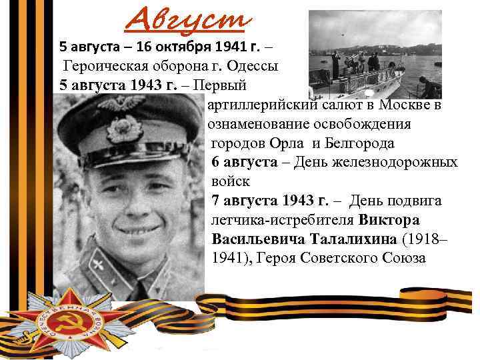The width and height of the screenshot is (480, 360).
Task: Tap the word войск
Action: click(230, 181)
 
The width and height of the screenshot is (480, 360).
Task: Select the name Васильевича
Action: click(257, 238)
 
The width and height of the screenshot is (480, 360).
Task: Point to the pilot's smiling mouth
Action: click(137, 230)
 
